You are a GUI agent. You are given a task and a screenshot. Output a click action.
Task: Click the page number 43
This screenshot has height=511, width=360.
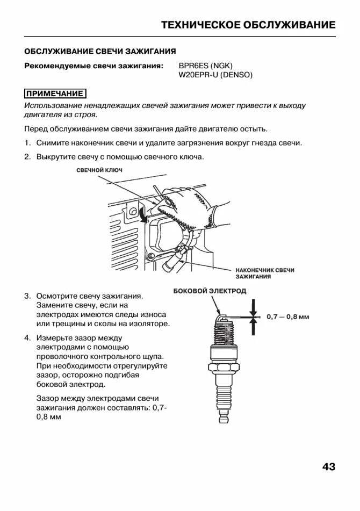coord(329,466)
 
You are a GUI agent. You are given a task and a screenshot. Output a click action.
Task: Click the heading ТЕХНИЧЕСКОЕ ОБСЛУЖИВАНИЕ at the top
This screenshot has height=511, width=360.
coord(249,25)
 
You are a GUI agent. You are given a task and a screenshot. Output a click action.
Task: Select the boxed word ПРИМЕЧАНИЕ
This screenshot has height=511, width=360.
coord(54,93)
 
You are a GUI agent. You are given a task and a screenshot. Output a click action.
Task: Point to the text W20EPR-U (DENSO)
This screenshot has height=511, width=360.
coord(215,75)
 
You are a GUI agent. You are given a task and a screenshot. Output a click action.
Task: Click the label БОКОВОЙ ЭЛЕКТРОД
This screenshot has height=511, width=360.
coord(210,291)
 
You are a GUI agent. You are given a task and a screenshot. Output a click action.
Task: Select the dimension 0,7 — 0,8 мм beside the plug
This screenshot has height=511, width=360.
coord(288,317)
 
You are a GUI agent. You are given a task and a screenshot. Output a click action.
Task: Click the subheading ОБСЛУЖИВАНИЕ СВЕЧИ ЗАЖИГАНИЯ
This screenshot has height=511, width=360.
coord(100,52)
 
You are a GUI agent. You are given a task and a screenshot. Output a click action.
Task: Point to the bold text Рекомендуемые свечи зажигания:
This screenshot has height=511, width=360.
coord(94,66)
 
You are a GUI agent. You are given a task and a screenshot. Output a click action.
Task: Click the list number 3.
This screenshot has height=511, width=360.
coord(27,296)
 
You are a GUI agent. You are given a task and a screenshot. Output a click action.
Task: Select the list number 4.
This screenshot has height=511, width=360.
coord(27,338)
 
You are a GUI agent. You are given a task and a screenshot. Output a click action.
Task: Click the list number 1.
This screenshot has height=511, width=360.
coord(27,143)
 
